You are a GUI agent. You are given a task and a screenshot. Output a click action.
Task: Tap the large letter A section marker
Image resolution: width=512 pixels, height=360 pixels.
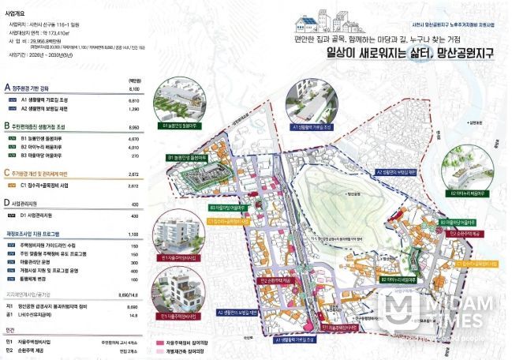coord(7,88)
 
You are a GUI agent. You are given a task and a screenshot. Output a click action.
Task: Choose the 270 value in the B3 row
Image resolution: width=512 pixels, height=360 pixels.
coord(134,156)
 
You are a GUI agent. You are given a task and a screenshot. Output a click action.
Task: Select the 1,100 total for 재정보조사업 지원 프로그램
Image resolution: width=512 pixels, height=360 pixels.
coord(133,234)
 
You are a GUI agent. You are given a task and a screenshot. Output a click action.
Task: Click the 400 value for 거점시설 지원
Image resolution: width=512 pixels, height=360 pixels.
coord(134,270)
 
